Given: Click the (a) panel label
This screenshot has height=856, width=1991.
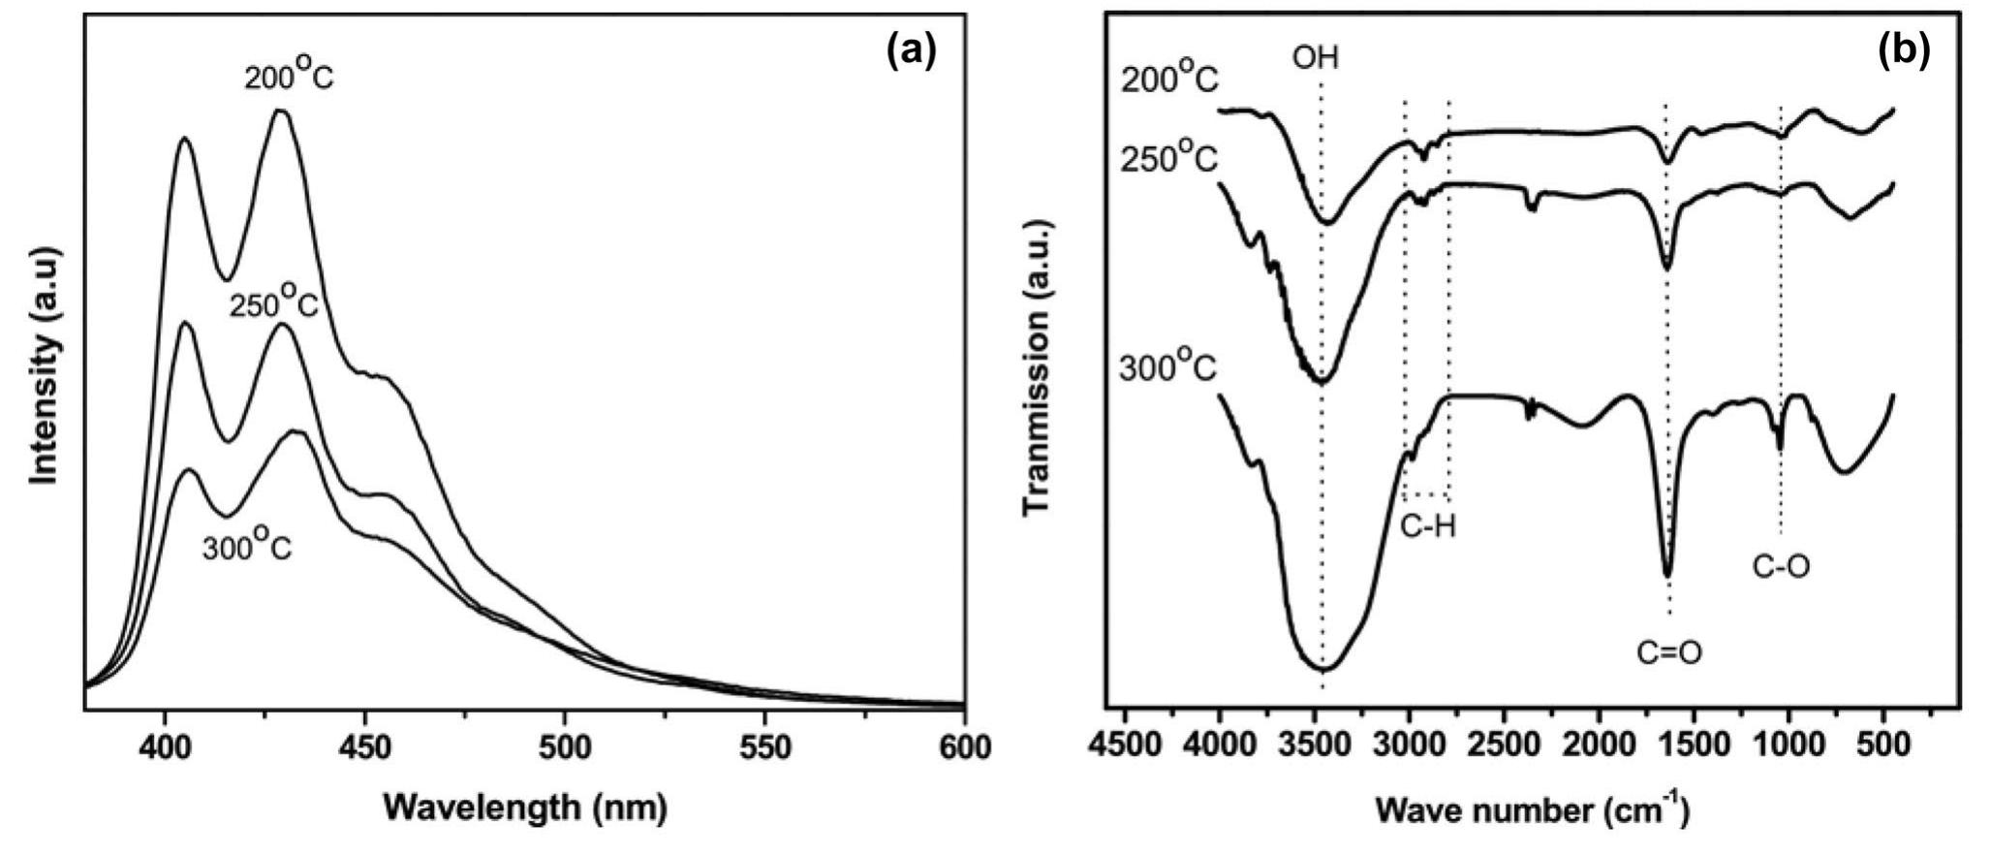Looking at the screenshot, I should [912, 51].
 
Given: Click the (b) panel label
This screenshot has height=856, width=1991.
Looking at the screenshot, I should [1904, 51].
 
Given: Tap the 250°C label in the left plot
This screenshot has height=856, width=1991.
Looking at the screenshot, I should [273, 302].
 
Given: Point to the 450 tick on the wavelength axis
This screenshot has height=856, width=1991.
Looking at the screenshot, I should [364, 747].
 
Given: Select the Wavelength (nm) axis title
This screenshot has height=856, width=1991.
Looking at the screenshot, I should [525, 807].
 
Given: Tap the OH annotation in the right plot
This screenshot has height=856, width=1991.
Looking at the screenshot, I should [1315, 59].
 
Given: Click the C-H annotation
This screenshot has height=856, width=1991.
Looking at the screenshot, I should [1428, 526].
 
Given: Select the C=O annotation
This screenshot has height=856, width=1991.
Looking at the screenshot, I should [1668, 652].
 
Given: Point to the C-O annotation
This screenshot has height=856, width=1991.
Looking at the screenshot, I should [1781, 566].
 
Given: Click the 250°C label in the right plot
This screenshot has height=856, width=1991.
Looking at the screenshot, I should [1168, 157].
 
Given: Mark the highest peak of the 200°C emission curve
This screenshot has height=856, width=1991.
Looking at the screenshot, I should [281, 111].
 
